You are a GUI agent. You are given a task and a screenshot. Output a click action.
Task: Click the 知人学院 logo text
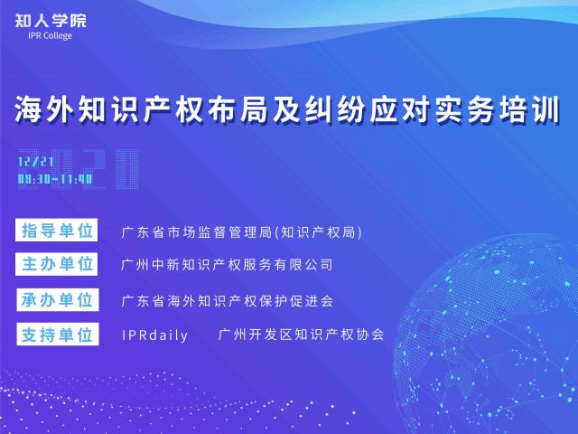click(x=51, y=21)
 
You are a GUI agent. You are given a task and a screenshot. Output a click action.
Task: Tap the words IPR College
click(x=51, y=36)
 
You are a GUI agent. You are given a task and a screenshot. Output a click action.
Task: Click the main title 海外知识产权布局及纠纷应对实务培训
click(x=287, y=109)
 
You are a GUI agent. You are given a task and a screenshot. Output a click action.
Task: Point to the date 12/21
click(x=36, y=162)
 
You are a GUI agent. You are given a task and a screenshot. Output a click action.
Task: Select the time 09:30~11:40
click(x=55, y=179)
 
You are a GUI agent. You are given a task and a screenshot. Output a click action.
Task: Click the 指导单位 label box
click(x=56, y=230)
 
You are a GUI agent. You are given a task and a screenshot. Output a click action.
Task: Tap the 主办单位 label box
click(x=56, y=264)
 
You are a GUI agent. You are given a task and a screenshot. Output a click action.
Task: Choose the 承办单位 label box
click(x=58, y=299)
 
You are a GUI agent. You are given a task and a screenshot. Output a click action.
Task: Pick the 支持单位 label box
click(x=58, y=334)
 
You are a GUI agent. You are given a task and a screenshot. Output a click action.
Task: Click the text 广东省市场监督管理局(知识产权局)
click(x=242, y=232)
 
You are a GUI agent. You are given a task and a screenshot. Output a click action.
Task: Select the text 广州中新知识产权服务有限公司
click(x=227, y=265)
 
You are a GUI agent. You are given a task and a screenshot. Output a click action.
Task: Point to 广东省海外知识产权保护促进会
click(x=227, y=301)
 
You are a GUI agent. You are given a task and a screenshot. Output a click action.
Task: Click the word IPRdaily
click(x=154, y=335)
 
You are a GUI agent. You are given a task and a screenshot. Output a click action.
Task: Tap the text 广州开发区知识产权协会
click(x=301, y=335)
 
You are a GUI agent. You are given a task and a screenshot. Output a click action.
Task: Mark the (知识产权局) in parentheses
click(x=319, y=232)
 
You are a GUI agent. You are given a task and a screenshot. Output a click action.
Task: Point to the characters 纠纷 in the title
click(x=335, y=109)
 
